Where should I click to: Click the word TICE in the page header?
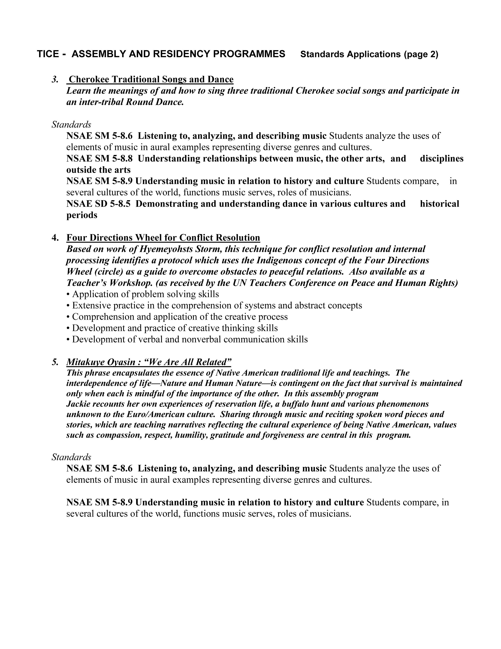tap(47, 54)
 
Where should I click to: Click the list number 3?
tap(55, 79)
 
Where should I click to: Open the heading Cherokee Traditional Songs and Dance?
tap(151, 79)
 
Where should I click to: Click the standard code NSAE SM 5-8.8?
tap(99, 159)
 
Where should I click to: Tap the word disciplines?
tap(441, 159)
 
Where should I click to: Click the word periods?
tap(82, 215)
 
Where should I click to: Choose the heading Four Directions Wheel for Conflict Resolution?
tap(163, 238)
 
